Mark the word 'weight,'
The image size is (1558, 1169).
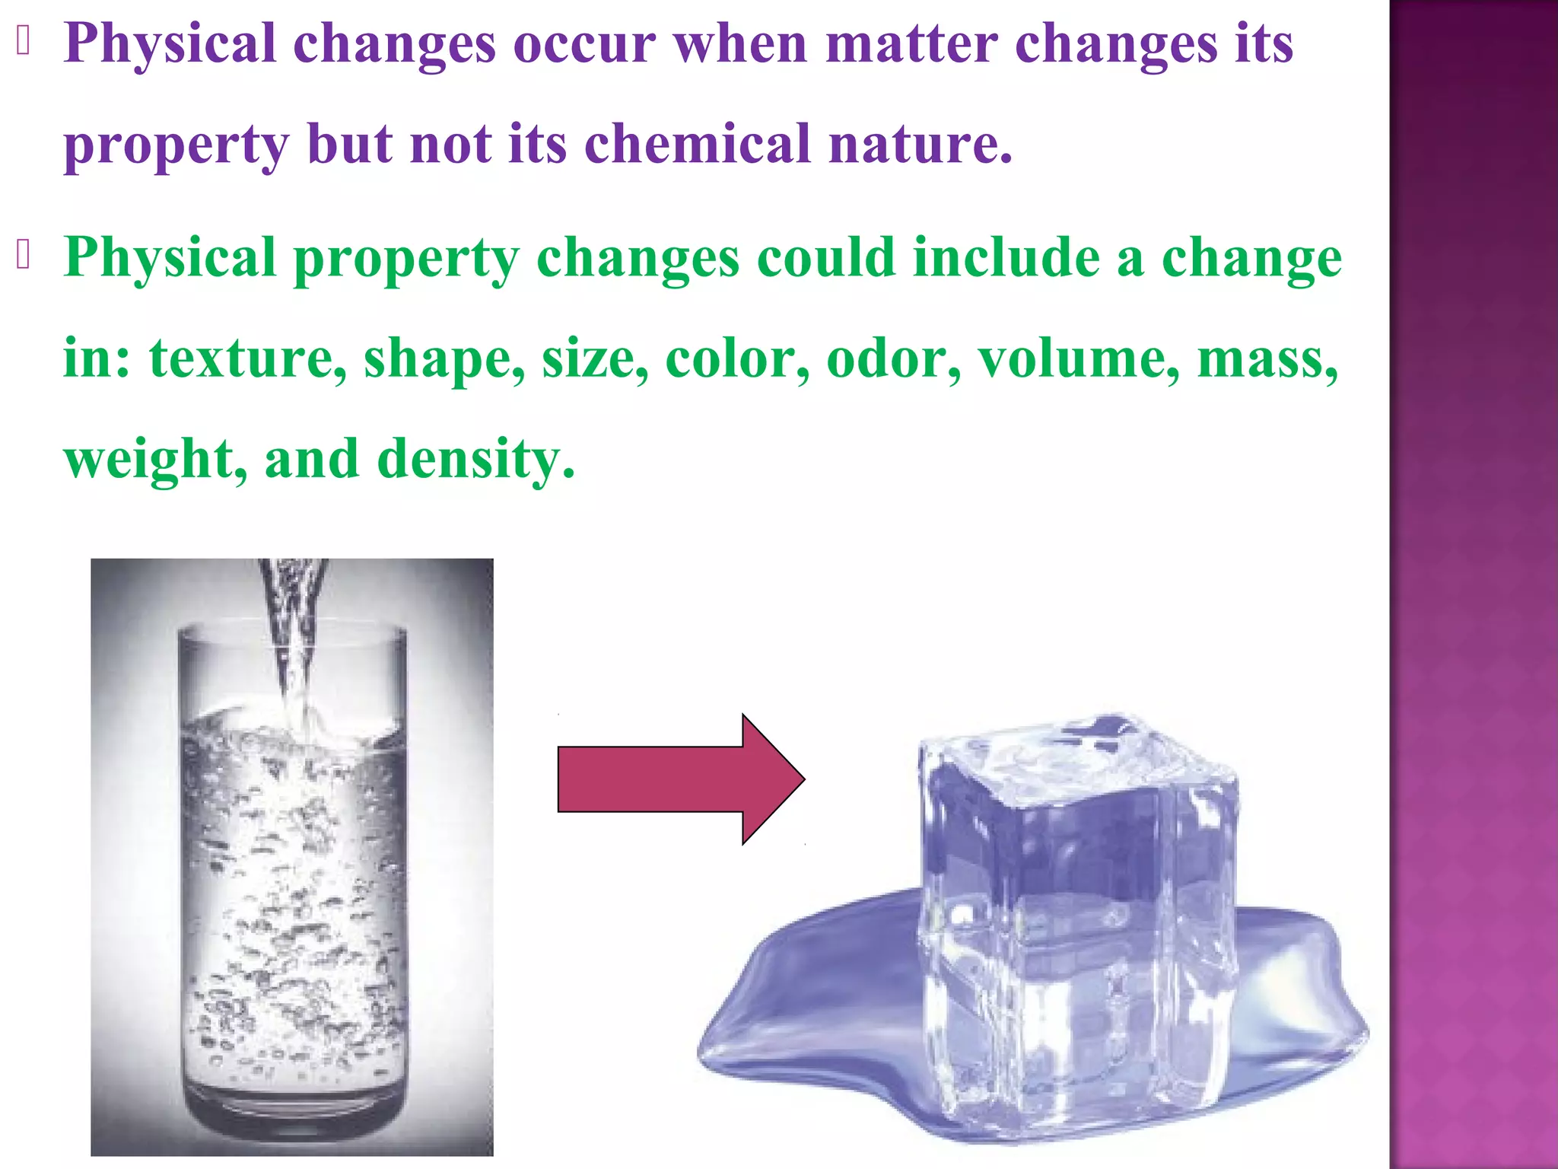tap(155, 460)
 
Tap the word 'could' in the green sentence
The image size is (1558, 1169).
tap(825, 258)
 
